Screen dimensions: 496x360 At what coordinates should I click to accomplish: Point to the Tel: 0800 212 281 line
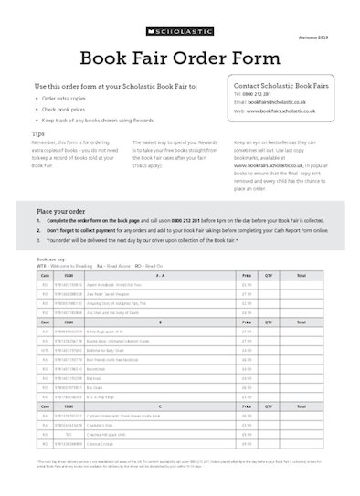tap(256, 94)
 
